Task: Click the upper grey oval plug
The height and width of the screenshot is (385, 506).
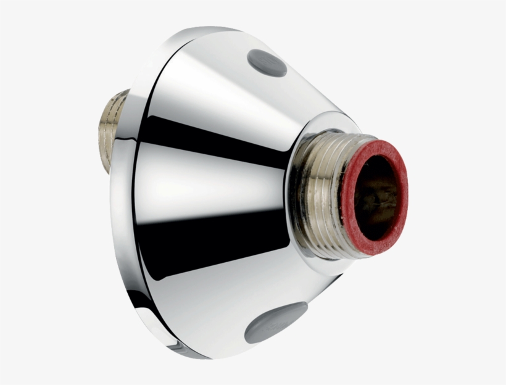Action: pyautogui.click(x=267, y=62)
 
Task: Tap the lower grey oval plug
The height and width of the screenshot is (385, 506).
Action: pyautogui.click(x=275, y=322)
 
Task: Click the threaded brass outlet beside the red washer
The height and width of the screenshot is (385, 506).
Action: pyautogui.click(x=327, y=191)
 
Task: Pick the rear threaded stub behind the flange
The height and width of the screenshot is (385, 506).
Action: pyautogui.click(x=115, y=130)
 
